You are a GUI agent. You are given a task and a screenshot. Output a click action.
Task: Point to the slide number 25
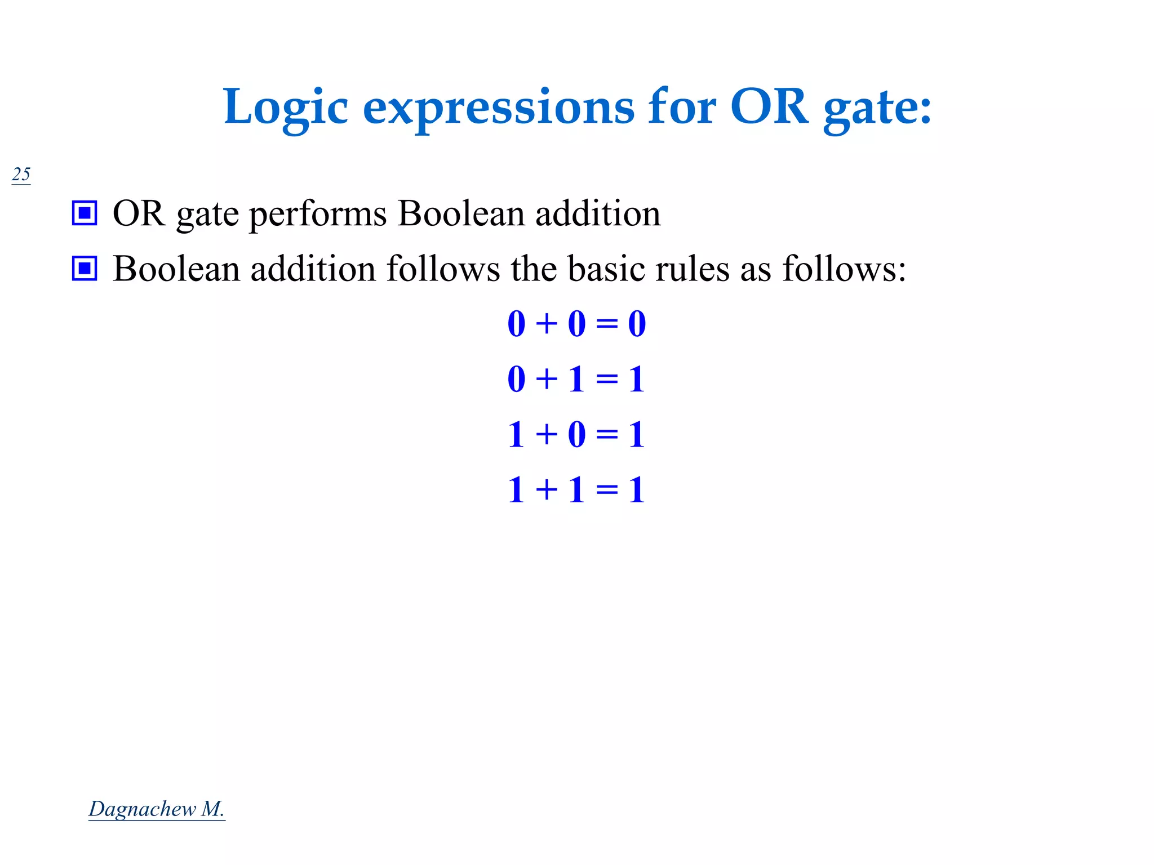(x=21, y=174)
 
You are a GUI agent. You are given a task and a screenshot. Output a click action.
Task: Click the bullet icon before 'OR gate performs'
(x=85, y=213)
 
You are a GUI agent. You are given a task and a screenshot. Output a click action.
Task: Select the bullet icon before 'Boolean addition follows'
(x=85, y=269)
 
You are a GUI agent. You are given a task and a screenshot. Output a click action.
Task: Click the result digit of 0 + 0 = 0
(x=637, y=324)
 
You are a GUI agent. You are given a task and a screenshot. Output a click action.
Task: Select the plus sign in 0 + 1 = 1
(x=546, y=379)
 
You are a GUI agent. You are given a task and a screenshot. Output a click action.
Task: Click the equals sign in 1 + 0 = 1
(x=607, y=435)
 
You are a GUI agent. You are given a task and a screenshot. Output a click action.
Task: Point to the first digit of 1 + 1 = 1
(x=516, y=489)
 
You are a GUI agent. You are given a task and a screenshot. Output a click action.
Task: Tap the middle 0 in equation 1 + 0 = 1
(x=576, y=435)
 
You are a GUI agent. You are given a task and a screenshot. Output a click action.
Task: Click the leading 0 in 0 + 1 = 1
(x=516, y=379)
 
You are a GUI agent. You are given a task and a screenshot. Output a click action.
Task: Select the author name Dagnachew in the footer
(x=142, y=809)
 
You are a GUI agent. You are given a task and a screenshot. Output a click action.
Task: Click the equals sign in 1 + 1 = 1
(x=607, y=490)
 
